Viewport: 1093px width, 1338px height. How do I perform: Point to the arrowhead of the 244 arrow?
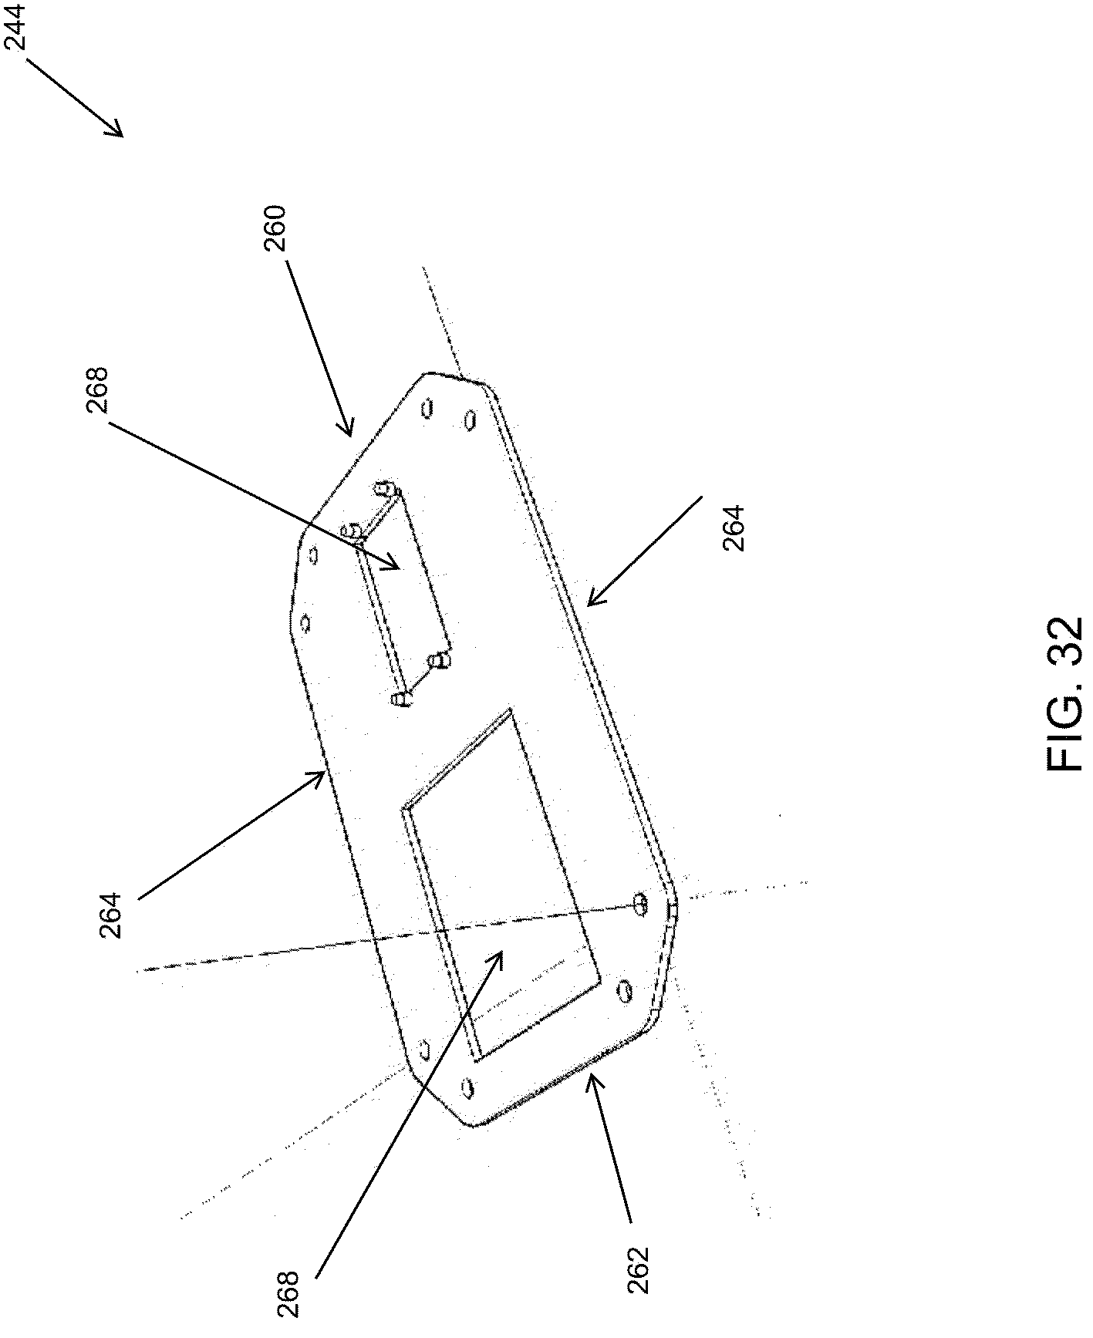(120, 133)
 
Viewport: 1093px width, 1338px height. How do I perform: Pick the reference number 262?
(639, 1269)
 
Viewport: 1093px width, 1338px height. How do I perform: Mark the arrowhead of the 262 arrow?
(590, 1078)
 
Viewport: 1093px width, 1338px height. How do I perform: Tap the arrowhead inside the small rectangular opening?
(396, 567)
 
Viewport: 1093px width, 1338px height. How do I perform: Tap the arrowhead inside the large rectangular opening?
(500, 955)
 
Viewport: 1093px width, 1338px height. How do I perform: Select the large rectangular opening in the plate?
(501, 887)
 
